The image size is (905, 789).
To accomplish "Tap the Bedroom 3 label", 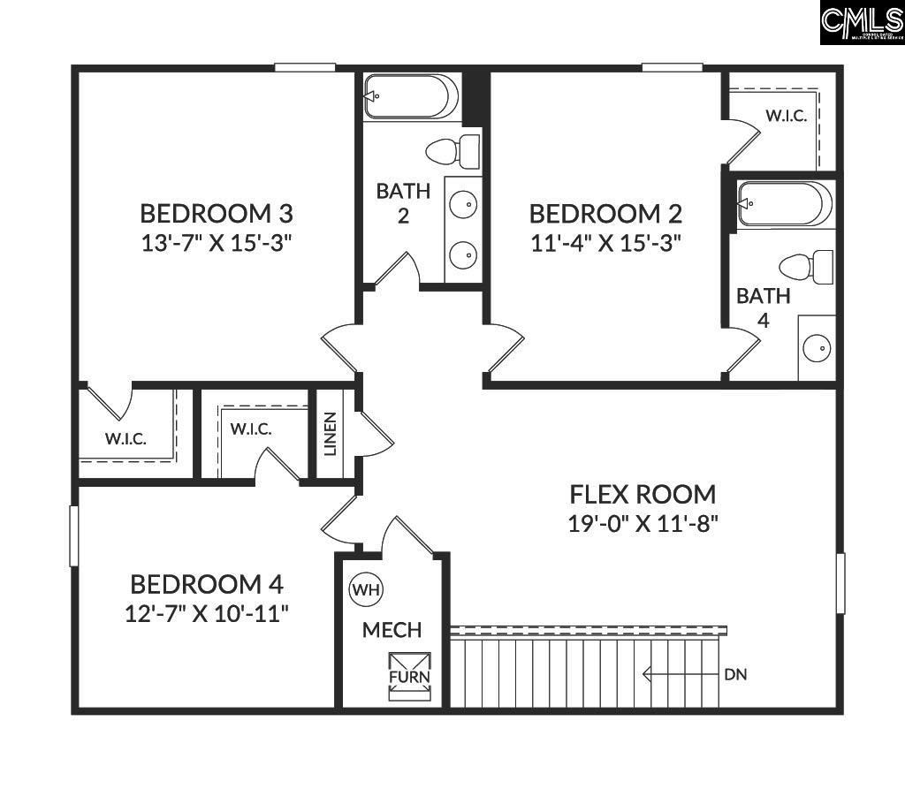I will [x=217, y=213].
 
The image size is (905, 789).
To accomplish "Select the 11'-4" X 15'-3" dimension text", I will [x=605, y=243].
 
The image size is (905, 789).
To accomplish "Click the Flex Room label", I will [x=643, y=493].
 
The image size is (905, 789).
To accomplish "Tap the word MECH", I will [x=392, y=630].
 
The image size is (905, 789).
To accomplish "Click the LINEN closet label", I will [x=331, y=434].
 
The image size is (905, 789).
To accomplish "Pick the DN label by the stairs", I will [x=735, y=675].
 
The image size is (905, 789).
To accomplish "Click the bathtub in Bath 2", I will [x=411, y=96].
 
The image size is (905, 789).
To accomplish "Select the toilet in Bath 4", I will [x=808, y=266].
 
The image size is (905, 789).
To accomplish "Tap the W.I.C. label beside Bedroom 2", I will [x=786, y=116].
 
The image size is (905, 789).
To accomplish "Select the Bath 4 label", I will [x=764, y=307].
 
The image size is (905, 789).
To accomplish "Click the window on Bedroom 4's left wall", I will [x=74, y=535].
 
